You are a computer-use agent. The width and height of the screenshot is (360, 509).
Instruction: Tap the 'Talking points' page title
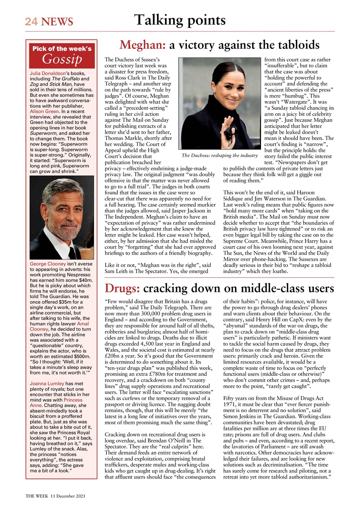click(x=180, y=19)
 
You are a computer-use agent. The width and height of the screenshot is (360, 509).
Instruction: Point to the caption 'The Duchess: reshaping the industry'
click(x=219, y=155)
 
